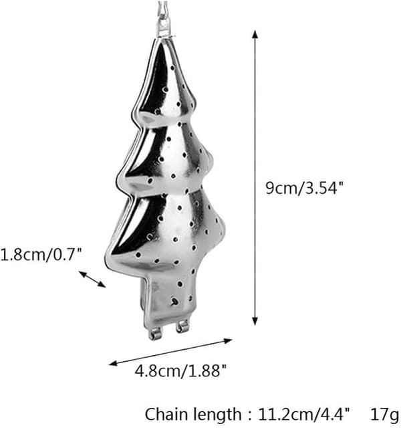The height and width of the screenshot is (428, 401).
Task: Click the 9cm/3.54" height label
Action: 305,188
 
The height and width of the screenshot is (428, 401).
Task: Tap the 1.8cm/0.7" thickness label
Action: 41,255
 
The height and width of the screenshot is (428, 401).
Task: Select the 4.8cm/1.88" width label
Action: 180,370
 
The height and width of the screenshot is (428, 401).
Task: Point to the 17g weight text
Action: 385,415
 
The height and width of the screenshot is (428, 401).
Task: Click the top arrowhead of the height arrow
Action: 255,34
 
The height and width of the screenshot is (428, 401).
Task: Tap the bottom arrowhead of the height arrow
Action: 255,321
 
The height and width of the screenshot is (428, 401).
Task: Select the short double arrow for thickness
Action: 92,280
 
